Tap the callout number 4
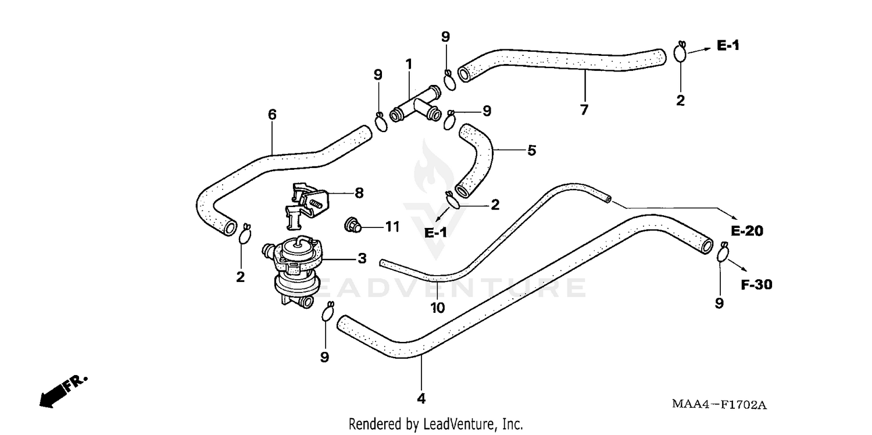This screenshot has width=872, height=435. tap(421, 399)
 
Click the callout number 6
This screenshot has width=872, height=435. tap(272, 115)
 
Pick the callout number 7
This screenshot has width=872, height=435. tap(584, 109)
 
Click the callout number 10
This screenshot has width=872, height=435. tap(438, 308)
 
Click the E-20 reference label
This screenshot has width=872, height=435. tap(747, 231)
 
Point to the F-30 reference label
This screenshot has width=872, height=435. tap(756, 285)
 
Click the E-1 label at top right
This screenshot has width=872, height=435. tap(728, 45)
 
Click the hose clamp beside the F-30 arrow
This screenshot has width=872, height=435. tap(723, 254)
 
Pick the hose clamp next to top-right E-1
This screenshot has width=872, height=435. tap(681, 52)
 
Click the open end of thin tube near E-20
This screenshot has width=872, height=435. tap(608, 199)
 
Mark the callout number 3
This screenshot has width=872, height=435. tap(362, 258)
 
